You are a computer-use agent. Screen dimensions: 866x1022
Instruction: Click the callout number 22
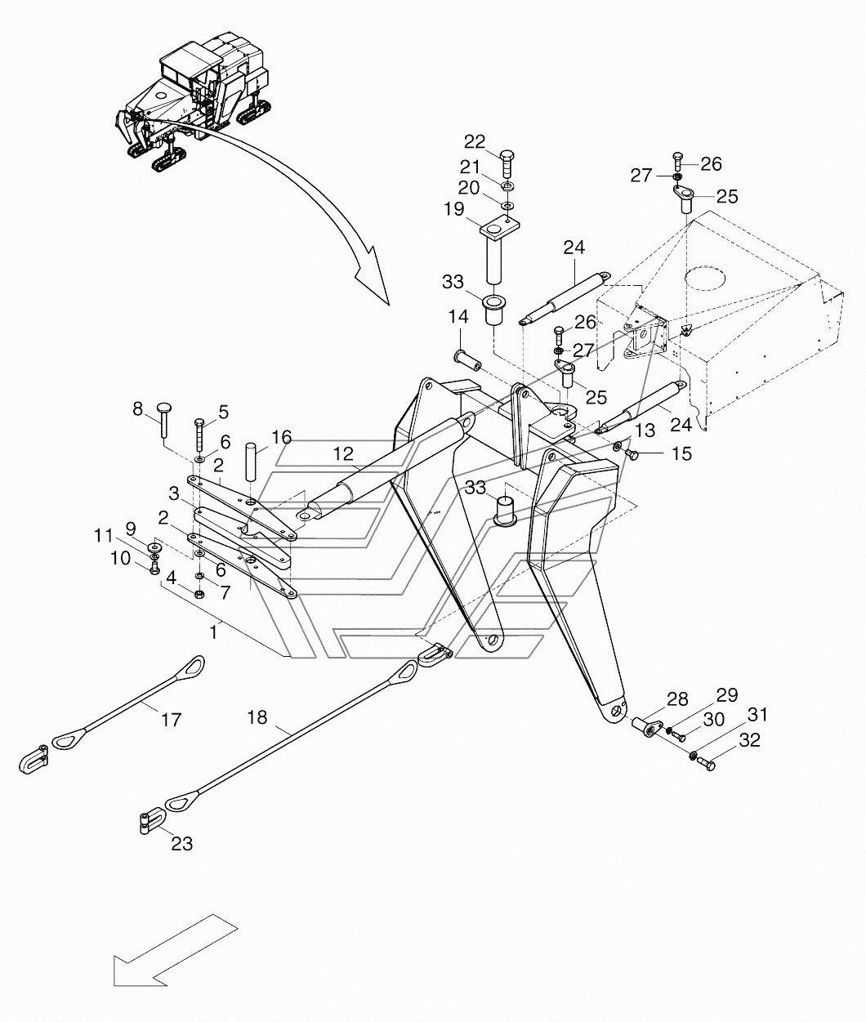475,142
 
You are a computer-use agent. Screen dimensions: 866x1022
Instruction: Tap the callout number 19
454,208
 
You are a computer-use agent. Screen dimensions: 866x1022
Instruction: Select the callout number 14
458,316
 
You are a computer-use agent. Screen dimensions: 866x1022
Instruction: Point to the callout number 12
343,453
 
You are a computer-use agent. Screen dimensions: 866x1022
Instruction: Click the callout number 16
281,437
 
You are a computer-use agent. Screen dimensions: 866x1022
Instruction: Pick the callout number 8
137,409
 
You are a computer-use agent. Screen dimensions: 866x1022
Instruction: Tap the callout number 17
171,720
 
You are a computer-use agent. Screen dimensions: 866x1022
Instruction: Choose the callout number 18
257,717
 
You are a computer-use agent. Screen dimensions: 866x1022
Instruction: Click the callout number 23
182,843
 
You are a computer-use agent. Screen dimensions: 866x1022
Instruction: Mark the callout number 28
677,699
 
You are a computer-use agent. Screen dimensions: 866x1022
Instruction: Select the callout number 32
749,740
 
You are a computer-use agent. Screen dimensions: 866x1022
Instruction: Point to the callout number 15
681,453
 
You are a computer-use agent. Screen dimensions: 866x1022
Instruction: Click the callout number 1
214,632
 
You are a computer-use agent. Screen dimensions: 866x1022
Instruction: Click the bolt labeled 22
506,164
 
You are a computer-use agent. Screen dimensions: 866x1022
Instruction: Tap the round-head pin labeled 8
163,420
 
